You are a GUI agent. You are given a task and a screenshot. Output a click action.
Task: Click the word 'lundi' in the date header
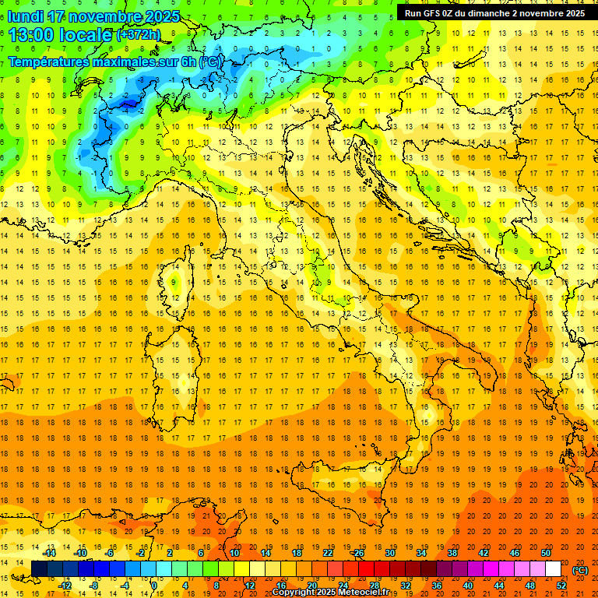click(25, 16)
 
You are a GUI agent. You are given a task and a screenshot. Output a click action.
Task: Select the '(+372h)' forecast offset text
click(139, 35)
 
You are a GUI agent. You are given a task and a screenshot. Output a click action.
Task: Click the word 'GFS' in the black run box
click(437, 12)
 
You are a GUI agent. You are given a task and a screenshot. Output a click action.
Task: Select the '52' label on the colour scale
click(562, 585)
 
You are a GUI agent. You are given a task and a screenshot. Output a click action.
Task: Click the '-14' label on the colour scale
click(50, 553)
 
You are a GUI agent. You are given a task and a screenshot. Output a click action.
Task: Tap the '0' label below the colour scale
click(153, 585)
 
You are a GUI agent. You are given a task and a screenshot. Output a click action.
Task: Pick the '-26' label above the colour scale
click(357, 553)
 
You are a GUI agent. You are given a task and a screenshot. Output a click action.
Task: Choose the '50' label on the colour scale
click(546, 553)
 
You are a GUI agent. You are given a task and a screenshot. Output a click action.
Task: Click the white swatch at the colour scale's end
click(553, 569)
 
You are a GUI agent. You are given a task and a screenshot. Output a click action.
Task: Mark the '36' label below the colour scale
click(437, 585)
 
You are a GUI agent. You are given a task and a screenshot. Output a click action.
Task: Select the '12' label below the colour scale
click(250, 585)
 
